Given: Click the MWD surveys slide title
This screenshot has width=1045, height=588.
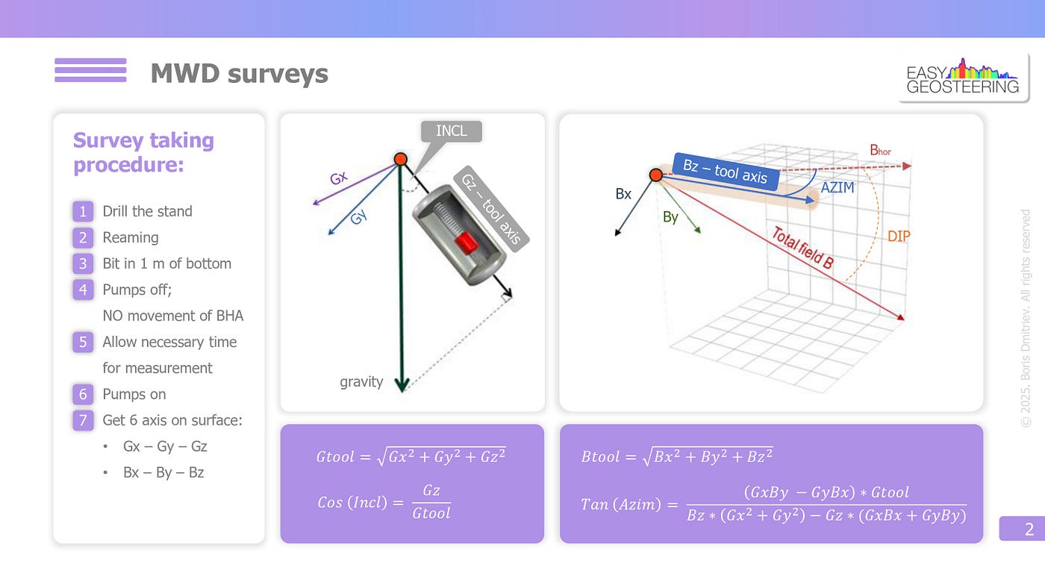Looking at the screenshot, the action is point(240,74).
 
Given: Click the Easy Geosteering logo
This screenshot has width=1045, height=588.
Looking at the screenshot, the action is point(962,77).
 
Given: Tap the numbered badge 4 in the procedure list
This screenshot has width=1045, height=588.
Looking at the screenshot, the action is point(83,290).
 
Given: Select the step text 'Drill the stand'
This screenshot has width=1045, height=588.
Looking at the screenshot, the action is point(148,211).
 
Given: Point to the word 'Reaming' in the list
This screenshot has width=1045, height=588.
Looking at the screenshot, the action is point(131,238).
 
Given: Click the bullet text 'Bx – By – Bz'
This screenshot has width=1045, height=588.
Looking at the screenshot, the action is point(163,472).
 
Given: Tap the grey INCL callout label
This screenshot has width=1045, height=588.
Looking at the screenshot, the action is point(451,131).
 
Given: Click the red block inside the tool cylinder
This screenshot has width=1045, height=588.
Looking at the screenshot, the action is point(466,243).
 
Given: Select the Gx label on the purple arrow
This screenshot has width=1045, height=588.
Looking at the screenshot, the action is point(339,178).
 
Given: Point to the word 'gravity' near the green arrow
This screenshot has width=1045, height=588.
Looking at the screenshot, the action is point(361,382).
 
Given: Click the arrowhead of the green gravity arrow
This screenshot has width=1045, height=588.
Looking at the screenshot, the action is point(402,385).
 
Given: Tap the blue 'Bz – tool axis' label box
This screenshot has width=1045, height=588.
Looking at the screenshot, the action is point(726,172).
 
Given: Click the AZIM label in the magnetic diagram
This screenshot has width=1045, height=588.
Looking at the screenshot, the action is point(837,187).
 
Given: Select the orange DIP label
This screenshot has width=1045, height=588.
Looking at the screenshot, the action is point(899,237).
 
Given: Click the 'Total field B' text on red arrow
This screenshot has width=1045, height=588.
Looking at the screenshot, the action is point(802,247).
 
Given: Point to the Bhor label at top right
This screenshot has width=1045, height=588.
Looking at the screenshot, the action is point(880,150).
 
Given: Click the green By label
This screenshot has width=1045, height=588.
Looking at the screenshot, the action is point(670,217).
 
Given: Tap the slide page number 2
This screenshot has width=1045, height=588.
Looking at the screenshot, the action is point(1029,529).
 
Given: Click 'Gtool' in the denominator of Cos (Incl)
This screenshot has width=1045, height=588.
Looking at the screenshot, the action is point(431,513).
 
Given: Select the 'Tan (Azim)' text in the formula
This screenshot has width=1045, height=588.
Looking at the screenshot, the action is point(621,504).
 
